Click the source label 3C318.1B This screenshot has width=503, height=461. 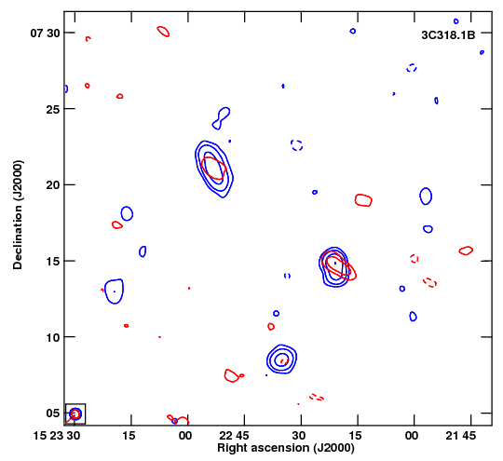[448, 35]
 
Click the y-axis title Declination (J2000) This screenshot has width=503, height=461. [18, 214]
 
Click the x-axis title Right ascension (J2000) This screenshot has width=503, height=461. [286, 448]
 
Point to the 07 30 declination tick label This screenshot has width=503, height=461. [45, 33]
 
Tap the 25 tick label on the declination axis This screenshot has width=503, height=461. [53, 109]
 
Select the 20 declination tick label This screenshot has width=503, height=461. [53, 185]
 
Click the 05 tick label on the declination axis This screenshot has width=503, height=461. [53, 414]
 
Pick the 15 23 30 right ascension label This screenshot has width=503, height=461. [57, 436]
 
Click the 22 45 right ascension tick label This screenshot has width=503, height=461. [234, 436]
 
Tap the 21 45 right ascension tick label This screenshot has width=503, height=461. [461, 436]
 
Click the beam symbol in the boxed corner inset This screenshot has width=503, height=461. [75, 414]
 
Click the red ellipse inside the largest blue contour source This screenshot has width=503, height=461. [214, 169]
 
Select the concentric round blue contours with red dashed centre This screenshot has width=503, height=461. [281, 359]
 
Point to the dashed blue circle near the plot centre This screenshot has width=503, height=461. [297, 145]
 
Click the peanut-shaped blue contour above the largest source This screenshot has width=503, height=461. [222, 118]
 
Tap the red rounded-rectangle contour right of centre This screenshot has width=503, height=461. [363, 200]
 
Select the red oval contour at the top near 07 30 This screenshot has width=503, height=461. [163, 32]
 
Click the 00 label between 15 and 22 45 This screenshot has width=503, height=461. [185, 436]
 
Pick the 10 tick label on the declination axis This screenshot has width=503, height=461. [53, 337]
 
